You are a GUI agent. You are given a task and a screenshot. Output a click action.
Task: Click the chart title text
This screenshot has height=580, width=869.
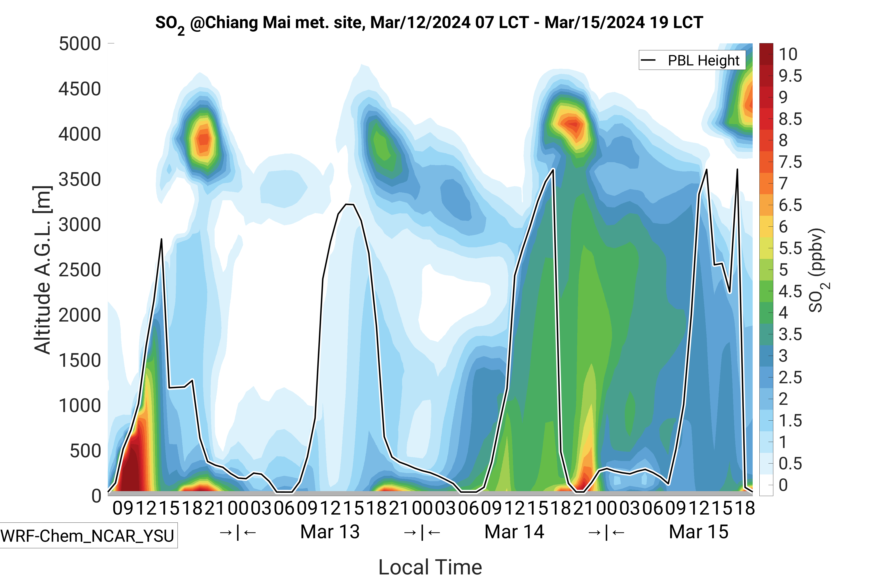(x=428, y=23)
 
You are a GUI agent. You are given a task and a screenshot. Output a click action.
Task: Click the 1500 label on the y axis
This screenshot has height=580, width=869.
(x=80, y=360)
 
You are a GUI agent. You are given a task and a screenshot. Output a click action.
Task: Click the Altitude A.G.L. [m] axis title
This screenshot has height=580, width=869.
(x=42, y=270)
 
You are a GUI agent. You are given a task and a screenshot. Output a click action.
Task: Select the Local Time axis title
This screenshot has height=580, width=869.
(x=430, y=567)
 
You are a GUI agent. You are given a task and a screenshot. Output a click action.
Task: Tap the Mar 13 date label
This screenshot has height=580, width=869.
(x=330, y=532)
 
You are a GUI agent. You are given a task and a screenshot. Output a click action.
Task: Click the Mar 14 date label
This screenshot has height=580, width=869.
(x=514, y=532)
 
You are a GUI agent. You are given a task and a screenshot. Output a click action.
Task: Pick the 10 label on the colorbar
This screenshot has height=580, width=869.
(x=788, y=54)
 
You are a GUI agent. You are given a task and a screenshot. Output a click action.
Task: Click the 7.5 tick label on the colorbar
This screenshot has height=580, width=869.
(x=790, y=162)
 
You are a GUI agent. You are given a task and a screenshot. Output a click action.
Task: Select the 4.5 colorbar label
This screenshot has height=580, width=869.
(x=790, y=291)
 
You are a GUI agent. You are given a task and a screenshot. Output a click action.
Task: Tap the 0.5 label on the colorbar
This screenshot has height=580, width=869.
(x=790, y=464)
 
